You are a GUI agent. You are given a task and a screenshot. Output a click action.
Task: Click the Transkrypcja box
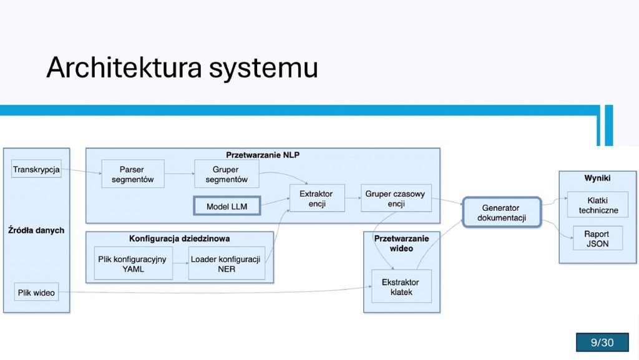coord(36,169)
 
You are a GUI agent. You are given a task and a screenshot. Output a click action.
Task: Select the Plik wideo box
coord(36,292)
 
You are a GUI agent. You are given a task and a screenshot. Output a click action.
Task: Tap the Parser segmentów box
coord(133,174)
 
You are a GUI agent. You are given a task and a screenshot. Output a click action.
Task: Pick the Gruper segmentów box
coord(227,174)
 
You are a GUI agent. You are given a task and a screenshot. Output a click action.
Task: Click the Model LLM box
coord(227,206)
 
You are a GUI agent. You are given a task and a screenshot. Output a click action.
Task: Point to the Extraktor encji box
coord(317,198)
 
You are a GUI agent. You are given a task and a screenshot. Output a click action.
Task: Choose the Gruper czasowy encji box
coord(396,198)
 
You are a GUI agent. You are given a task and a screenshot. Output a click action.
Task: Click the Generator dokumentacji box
coord(502,212)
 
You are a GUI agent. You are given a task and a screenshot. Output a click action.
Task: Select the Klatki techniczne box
coord(598,205)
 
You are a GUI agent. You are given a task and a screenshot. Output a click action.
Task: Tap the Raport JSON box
coord(597,238)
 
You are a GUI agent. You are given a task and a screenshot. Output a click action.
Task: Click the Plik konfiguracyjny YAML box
coord(134,263)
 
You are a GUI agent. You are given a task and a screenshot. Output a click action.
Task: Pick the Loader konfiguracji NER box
coord(227,263)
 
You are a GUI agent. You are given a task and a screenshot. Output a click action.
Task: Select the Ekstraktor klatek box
coord(401,286)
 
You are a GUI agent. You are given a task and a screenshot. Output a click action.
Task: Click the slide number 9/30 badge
coord(602,342)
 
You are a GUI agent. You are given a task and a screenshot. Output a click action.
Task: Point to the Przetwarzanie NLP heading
coord(263,155)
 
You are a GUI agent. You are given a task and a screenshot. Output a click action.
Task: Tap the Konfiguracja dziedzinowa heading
coord(179,238)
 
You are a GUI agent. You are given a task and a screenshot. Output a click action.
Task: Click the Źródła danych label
coord(36,230)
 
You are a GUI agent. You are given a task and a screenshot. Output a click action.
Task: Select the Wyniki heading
coord(597,178)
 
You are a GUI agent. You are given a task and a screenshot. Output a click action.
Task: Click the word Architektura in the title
coord(124,67)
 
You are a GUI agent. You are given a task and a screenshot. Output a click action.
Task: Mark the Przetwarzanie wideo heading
coord(401,243)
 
